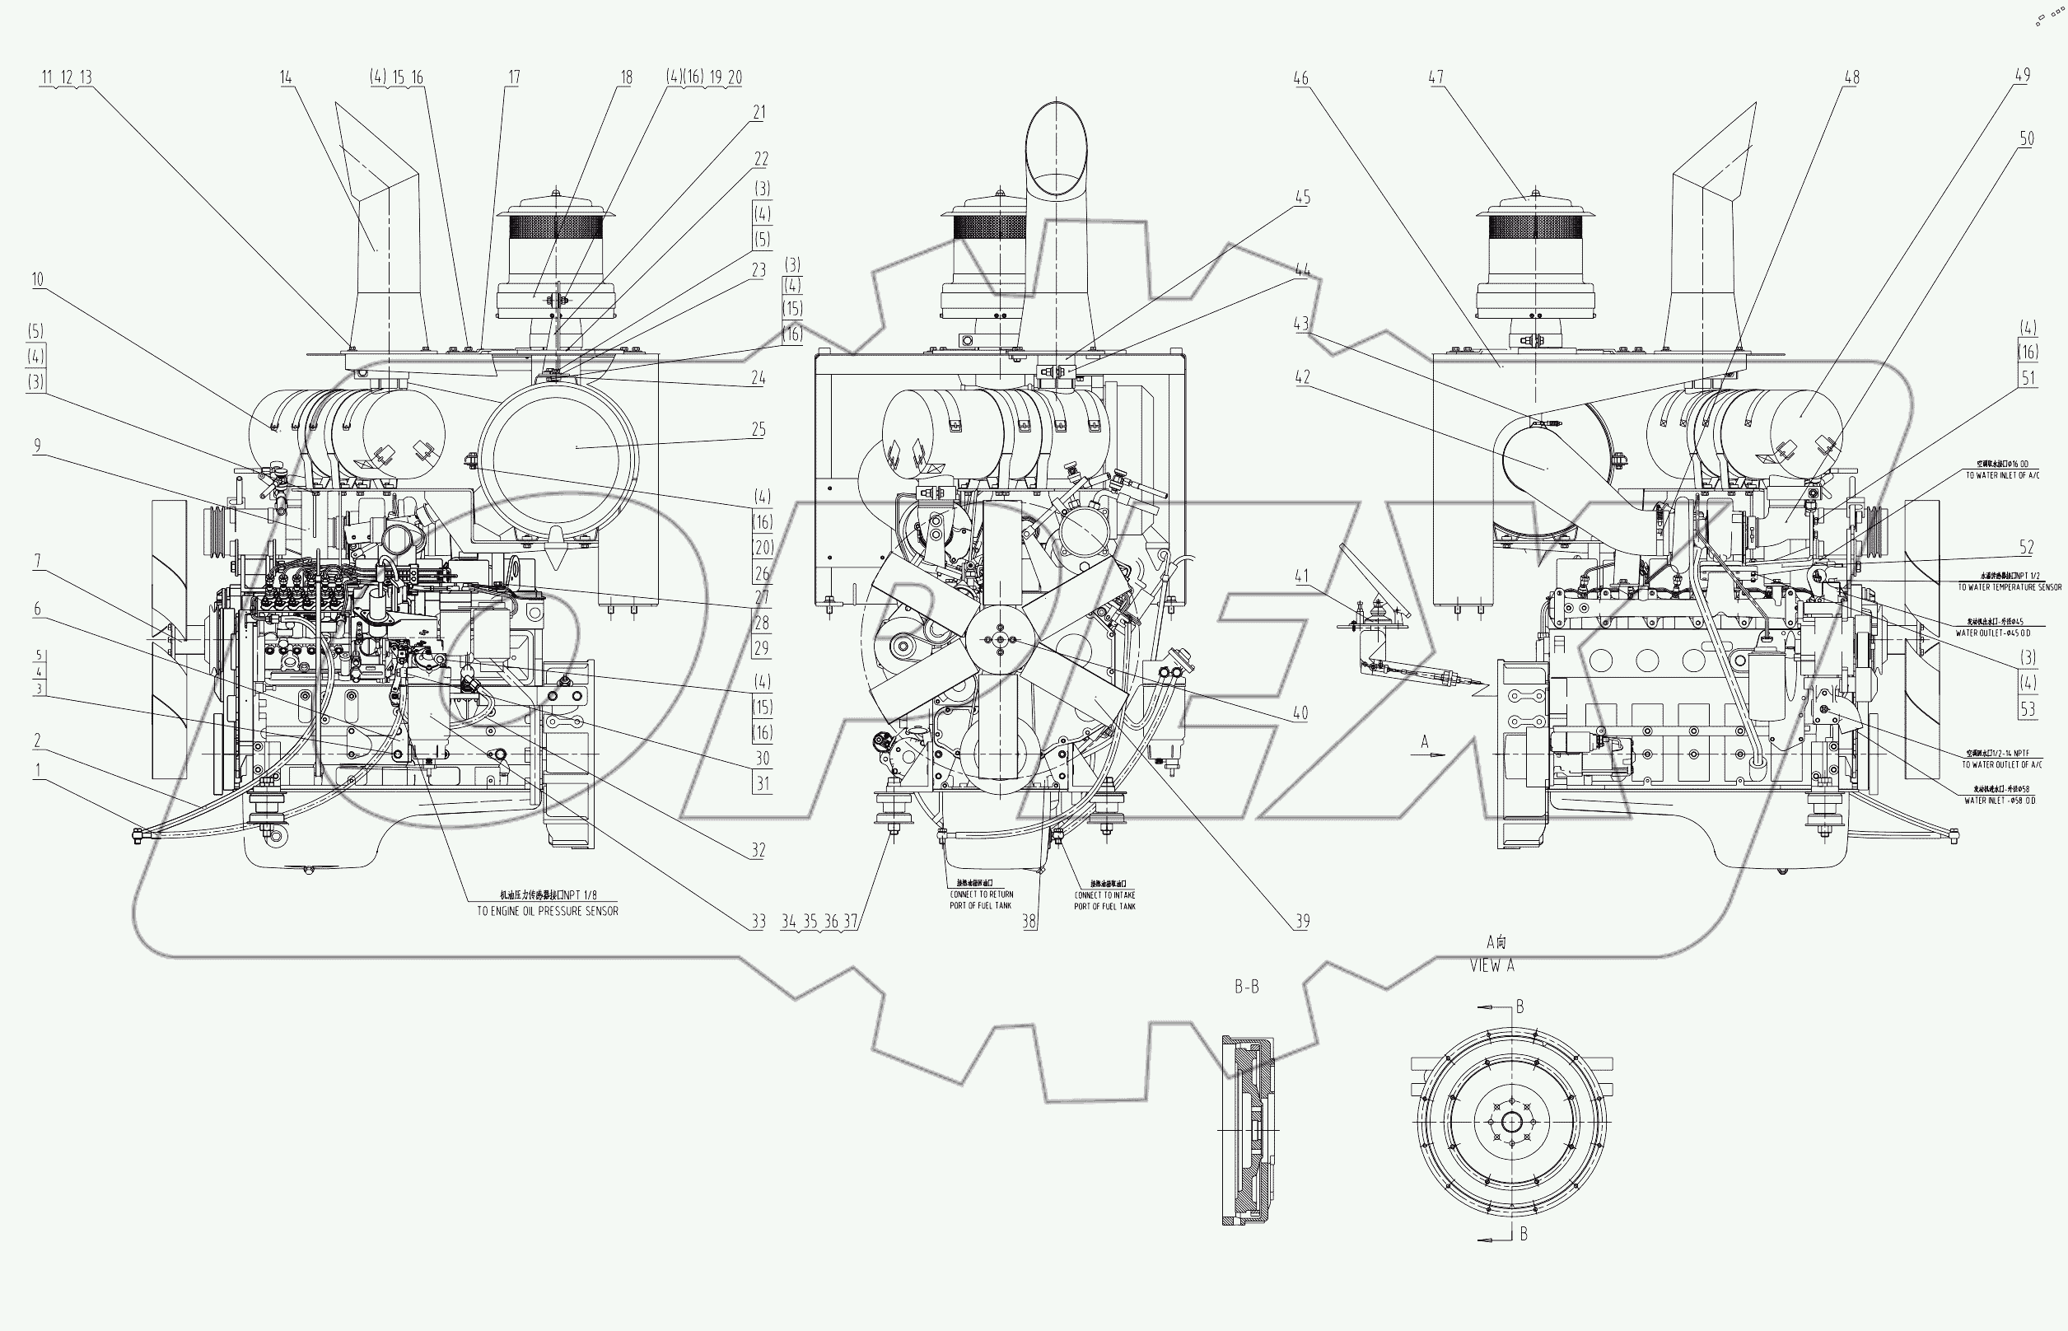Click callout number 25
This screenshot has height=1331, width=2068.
tap(758, 430)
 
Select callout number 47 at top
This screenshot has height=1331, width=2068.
tap(1435, 77)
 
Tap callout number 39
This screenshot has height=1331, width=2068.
tap(1302, 922)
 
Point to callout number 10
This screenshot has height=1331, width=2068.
tap(37, 280)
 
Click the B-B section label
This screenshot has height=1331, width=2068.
tap(1246, 987)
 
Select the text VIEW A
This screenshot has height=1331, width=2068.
tap(1492, 966)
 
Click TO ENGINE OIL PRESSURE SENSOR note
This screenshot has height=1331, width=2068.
tap(547, 911)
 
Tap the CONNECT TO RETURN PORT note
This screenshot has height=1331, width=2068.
tap(981, 899)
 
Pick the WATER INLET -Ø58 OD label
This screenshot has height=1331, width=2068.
tap(2000, 801)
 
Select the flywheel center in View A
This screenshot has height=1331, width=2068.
tap(1511, 1123)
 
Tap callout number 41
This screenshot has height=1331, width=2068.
tap(1301, 577)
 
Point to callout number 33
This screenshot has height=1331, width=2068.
tap(758, 922)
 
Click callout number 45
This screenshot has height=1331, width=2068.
tap(1302, 198)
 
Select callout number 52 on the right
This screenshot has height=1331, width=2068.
tap(2027, 547)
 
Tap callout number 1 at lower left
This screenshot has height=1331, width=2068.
tap(37, 771)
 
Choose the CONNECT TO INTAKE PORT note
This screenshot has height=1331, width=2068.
tap(1104, 900)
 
